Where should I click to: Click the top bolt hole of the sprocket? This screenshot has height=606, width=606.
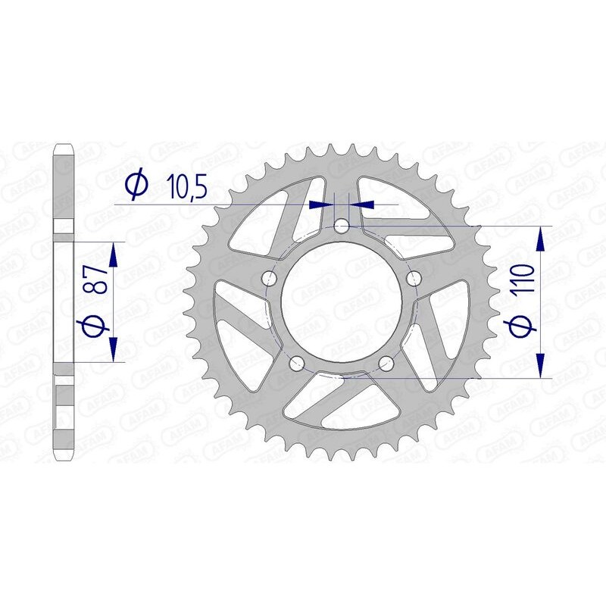pyautogui.click(x=341, y=225)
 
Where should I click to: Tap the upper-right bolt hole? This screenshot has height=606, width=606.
pyautogui.click(x=413, y=280)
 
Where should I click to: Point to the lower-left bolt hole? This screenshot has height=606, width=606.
pyautogui.click(x=296, y=362)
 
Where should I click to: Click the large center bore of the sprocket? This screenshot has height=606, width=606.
pyautogui.click(x=341, y=301)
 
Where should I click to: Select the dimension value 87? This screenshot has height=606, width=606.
pyautogui.click(x=95, y=280)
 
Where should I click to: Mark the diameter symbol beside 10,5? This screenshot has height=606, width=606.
pyautogui.click(x=136, y=185)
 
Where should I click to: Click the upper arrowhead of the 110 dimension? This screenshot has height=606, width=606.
pyautogui.click(x=540, y=238)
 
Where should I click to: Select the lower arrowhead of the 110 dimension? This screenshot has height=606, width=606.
pyautogui.click(x=540, y=365)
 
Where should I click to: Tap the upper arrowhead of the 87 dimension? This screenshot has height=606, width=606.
pyautogui.click(x=113, y=255)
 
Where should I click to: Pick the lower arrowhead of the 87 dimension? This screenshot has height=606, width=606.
pyautogui.click(x=113, y=350)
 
